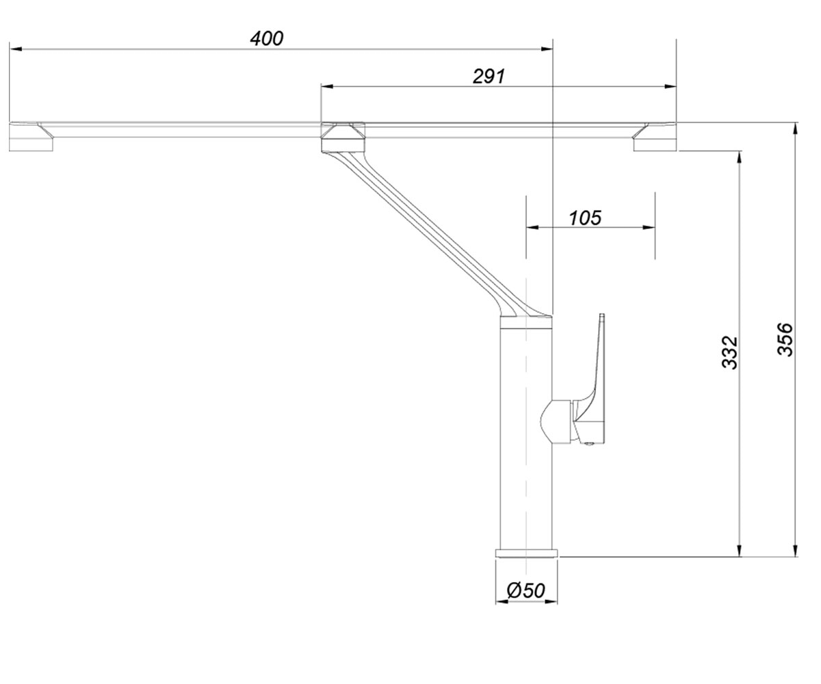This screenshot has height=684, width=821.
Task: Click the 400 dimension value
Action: pos(267,38)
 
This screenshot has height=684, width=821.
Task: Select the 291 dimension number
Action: pos(488,76)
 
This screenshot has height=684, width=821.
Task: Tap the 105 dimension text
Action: pos(585,218)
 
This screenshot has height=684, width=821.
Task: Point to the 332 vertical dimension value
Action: pos(730,352)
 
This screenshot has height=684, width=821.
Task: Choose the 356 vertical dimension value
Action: pos(785,339)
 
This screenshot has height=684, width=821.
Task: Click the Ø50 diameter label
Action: pos(525,590)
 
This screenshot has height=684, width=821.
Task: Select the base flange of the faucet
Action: pos(527,553)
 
